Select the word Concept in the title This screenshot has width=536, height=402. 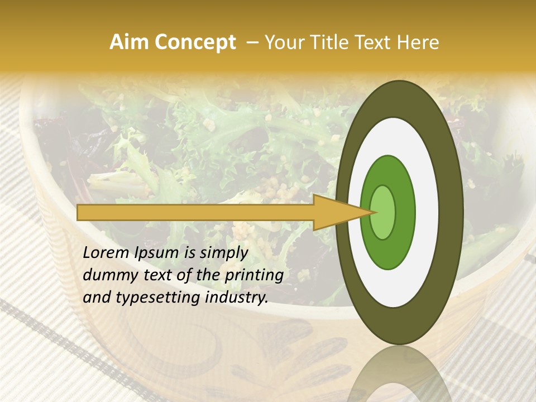pos(194,43)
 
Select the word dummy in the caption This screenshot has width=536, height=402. pos(109,275)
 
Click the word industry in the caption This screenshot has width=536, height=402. pos(236,298)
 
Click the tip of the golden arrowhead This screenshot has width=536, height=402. pos(375,212)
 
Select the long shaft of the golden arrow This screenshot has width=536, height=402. pos(195,212)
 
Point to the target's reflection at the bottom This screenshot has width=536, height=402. pos(399,377)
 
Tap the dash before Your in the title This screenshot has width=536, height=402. pos(252,43)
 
